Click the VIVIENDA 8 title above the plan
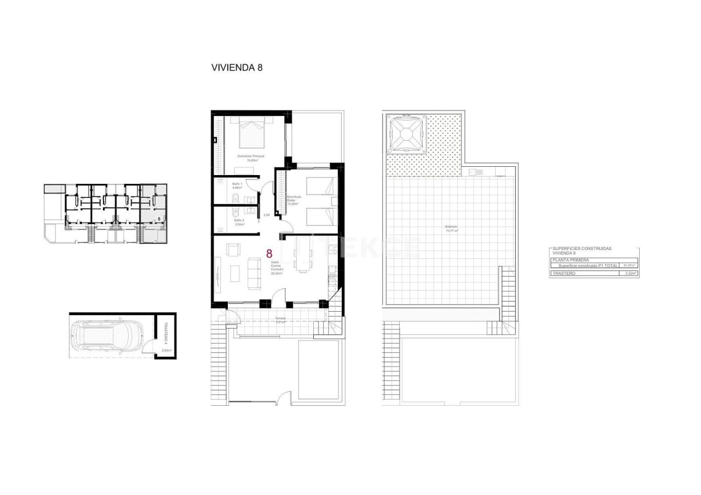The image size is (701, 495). tap(237, 68)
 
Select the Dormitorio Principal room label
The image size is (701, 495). tap(251, 158)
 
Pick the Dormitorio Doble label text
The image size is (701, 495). tap(294, 200)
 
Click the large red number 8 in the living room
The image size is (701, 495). tap(269, 254)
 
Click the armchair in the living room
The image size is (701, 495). tap(233, 250)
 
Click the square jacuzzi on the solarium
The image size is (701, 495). tap(406, 133)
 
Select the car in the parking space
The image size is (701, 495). tap(107, 336)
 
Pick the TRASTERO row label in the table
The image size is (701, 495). tap(564, 273)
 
